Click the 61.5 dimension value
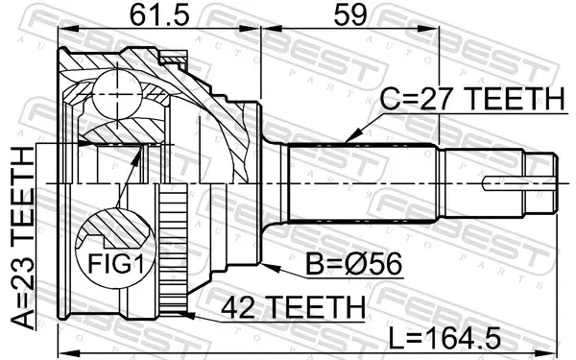click(159, 15)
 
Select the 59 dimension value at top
click(349, 15)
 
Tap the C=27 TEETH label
click(471, 99)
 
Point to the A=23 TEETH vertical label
click(23, 238)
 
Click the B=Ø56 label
click(354, 264)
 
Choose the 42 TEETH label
click(294, 307)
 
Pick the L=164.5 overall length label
click(444, 338)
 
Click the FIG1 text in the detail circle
click(116, 263)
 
